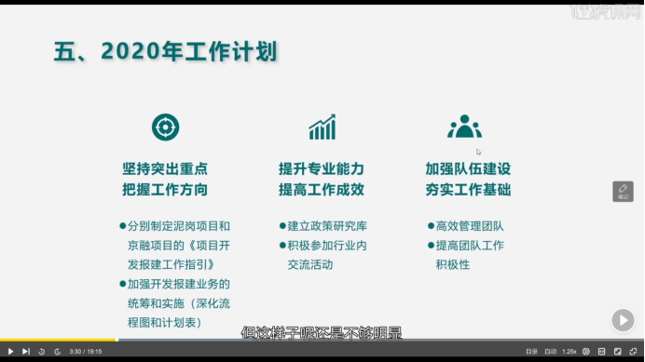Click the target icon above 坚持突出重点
[165, 127]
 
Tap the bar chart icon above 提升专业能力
[322, 127]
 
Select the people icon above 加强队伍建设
[463, 127]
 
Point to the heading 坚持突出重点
[165, 169]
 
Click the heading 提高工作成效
[321, 190]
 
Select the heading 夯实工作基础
[468, 190]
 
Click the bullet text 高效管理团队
[470, 226]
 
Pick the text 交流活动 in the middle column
[309, 265]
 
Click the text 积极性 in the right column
[452, 265]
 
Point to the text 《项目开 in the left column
[202, 246]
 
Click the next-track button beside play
[26, 352]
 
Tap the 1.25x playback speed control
[570, 352]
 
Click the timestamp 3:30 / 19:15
[86, 352]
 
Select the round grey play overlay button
[623, 320]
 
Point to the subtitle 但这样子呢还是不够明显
[321, 331]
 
